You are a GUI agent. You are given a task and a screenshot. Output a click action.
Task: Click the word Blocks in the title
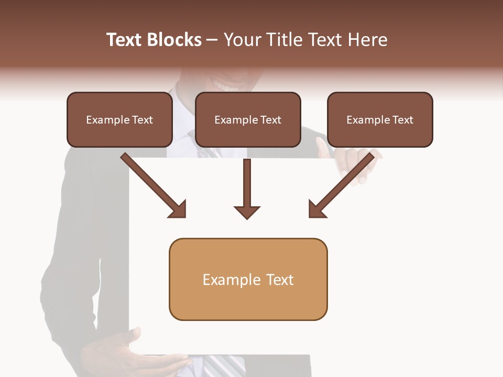click(173, 40)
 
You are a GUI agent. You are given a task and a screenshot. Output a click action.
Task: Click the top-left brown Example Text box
click(119, 119)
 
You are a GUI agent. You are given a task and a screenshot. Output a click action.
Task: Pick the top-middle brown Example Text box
click(248, 119)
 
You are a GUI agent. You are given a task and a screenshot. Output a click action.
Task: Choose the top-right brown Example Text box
click(380, 119)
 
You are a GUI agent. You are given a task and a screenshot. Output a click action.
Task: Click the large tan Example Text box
click(248, 279)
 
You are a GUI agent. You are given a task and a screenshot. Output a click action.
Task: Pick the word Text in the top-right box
click(402, 120)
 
